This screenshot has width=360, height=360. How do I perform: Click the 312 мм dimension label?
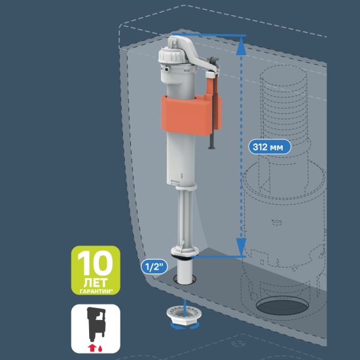tap(270, 147)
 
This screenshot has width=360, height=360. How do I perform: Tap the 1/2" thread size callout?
tap(154, 266)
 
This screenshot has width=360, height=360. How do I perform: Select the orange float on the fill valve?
tap(191, 115)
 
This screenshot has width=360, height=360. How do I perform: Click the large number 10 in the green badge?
tap(96, 263)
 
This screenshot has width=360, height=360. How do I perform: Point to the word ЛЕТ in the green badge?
tap(96, 283)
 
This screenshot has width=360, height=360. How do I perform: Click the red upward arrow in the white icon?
tap(92, 348)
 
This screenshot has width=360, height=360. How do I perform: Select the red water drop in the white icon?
tap(100, 349)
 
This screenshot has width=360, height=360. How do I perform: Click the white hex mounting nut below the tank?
tap(184, 315)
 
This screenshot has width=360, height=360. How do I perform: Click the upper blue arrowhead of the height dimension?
tap(241, 46)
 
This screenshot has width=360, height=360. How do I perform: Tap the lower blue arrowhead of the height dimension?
tap(241, 247)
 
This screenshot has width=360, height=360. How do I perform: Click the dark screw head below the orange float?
tap(211, 147)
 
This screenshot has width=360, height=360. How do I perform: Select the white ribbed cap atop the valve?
tap(170, 55)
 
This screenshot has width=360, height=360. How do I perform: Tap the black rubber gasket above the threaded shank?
tap(182, 258)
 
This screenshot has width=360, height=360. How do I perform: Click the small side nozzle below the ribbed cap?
tap(167, 69)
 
